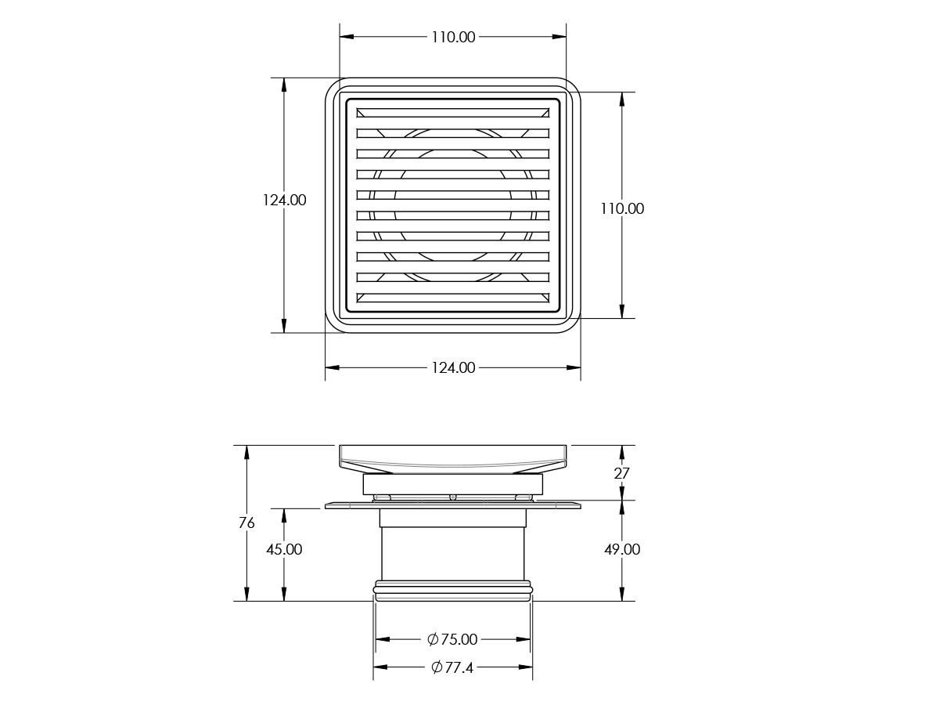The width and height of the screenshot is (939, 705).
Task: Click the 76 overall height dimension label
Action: point(246,522)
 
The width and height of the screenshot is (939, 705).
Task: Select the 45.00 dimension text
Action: point(284,549)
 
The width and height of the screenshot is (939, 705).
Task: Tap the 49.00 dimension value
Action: point(622,549)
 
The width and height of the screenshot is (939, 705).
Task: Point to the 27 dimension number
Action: point(622,473)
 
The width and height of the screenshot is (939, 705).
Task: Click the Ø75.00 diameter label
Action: point(452,639)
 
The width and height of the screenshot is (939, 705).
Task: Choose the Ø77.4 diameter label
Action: point(452,667)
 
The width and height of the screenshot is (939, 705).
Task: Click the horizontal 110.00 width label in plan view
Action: point(452,37)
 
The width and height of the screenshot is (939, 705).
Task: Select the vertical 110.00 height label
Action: point(622,208)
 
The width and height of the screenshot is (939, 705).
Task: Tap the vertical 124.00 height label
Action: point(284,200)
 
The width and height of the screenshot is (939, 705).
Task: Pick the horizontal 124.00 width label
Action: point(452,367)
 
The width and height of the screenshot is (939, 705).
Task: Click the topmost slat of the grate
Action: point(452,113)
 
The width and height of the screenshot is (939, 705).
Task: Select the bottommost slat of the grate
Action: point(452,297)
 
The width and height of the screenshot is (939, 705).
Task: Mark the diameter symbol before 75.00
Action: point(433,639)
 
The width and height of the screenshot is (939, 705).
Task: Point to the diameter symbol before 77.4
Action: point(437,667)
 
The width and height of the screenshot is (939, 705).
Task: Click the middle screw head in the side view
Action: point(452,497)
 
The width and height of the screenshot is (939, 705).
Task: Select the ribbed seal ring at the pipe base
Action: point(452,590)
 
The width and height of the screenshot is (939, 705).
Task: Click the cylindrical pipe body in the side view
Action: point(452,553)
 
